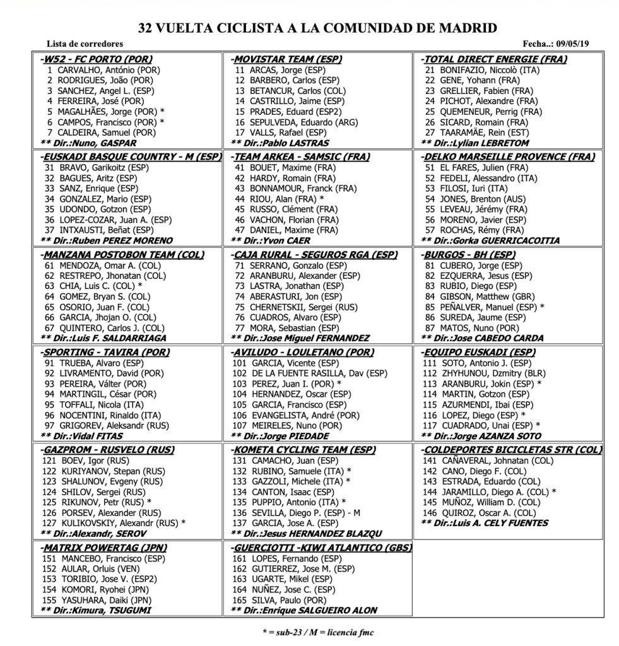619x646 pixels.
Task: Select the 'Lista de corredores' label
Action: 85,44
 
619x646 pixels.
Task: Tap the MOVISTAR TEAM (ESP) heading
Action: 286,59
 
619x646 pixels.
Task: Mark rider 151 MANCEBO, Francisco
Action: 103,559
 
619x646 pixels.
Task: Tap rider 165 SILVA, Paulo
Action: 280,600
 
